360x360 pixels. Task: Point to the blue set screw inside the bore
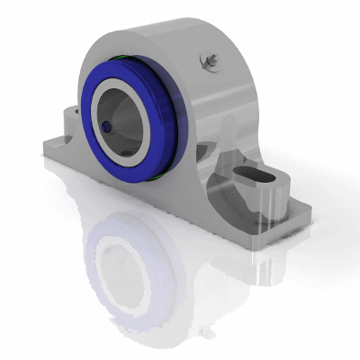[x=106, y=127]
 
